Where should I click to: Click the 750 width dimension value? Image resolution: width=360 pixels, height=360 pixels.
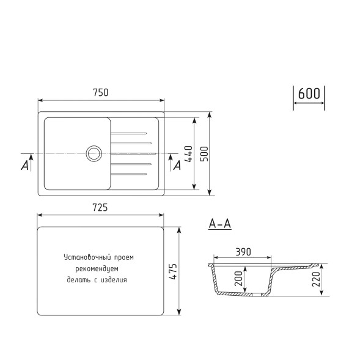pos(101,92)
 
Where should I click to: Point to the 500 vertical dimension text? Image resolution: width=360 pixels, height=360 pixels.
pos(205,153)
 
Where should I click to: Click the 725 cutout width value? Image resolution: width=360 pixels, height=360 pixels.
pos(101,208)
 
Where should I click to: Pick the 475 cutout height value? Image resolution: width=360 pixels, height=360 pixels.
pos(173,271)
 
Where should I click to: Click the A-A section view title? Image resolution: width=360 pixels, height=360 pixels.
pos(219,224)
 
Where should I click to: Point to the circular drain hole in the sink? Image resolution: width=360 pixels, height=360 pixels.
pos(94,153)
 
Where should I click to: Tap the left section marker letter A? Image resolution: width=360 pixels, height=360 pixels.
pos(25,165)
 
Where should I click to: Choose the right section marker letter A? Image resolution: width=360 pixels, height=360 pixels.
pos(177,164)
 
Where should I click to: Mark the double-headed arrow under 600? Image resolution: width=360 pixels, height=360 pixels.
pos(309,105)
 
